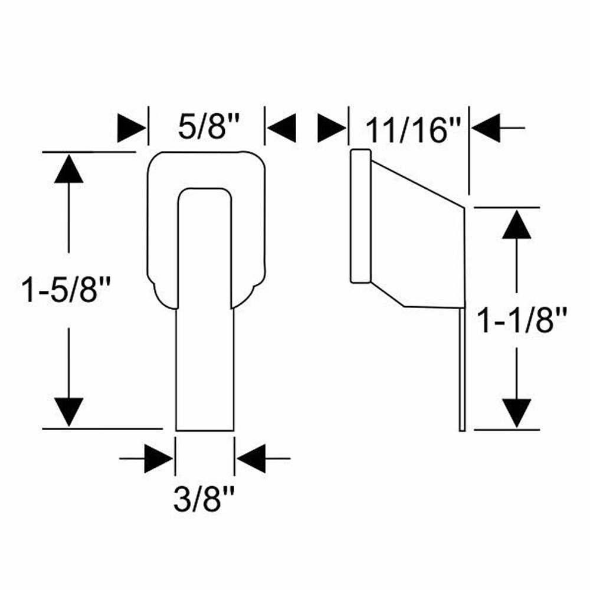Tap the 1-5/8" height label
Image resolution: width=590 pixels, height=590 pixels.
tap(65, 289)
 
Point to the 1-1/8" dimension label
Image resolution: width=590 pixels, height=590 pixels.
tap(522, 320)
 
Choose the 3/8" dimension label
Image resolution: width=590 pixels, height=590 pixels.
tap(204, 499)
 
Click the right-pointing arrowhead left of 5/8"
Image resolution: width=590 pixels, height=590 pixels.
tap(132, 128)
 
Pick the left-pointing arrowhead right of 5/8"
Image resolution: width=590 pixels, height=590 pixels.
tap(281, 128)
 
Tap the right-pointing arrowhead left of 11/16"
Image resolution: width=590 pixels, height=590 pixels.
tap(332, 128)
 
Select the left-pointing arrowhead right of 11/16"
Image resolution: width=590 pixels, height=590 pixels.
tap(486, 128)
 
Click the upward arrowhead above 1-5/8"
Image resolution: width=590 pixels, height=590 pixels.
tap(68, 169)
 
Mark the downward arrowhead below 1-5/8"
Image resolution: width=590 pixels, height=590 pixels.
tap(68, 412)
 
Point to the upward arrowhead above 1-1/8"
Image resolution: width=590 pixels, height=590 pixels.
tap(517, 224)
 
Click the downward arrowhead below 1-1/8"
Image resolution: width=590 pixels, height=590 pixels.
tap(517, 413)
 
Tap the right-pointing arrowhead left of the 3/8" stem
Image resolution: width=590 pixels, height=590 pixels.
tap(159, 458)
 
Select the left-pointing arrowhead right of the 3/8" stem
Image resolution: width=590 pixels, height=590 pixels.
tap(251, 458)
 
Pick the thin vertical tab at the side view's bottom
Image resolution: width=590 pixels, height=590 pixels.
tap(463, 369)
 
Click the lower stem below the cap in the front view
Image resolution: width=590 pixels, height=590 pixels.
tap(205, 369)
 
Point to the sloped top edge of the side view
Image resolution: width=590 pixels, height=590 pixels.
tap(418, 184)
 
